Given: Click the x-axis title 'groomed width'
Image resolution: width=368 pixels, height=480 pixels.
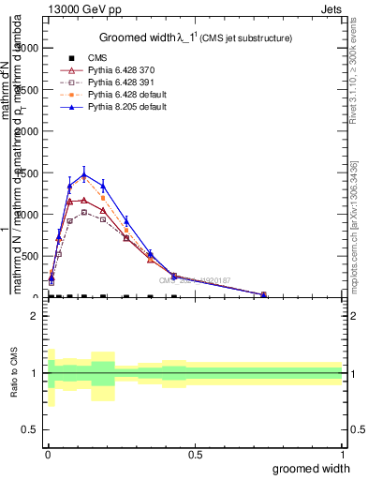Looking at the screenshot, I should (312, 468).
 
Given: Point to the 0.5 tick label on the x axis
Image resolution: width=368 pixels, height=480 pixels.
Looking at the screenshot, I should (195, 453).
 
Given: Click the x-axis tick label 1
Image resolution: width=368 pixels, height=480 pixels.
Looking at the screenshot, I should (342, 453).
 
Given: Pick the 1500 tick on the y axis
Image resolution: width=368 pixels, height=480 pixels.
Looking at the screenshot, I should (31, 172).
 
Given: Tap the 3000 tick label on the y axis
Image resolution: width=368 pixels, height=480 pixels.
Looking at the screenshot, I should (31, 48).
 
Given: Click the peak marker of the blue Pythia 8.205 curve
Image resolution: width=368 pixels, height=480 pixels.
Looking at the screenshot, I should (84, 174).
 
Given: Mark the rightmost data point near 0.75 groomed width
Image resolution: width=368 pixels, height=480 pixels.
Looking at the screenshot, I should (264, 294).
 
